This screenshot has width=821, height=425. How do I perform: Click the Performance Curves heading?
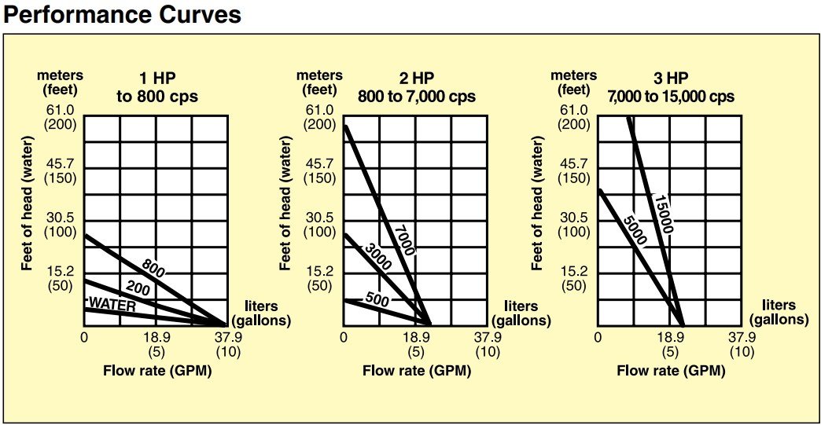coord(122,15)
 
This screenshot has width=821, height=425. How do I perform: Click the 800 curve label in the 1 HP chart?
coord(153,267)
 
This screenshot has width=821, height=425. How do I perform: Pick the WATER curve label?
coord(112,305)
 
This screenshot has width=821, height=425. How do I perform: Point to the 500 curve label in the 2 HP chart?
coord(378,299)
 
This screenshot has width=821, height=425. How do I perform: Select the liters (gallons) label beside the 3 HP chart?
coord(779,313)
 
